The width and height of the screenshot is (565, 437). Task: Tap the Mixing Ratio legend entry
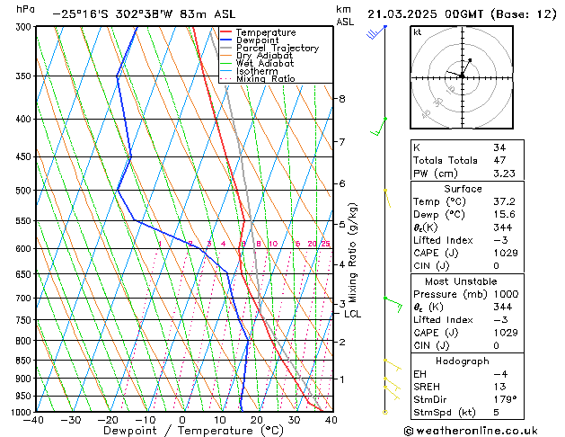coord(265,79)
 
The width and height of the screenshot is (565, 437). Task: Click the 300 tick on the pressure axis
coord(22,27)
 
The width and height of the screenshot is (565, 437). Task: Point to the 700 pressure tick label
coord(22,298)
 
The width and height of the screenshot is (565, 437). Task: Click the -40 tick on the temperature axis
coord(34,420)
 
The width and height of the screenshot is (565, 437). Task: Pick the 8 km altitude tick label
coord(341,98)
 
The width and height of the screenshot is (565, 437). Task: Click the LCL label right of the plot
coord(352,314)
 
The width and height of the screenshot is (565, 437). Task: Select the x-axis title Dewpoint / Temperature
coord(181,431)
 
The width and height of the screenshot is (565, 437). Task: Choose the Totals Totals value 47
coord(499,159)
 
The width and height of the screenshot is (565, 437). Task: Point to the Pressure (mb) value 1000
coord(506,293)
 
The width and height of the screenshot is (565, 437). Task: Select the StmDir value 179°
coord(505,400)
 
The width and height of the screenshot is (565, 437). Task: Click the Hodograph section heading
coord(463,361)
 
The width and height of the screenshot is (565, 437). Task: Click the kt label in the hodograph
coord(417,32)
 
